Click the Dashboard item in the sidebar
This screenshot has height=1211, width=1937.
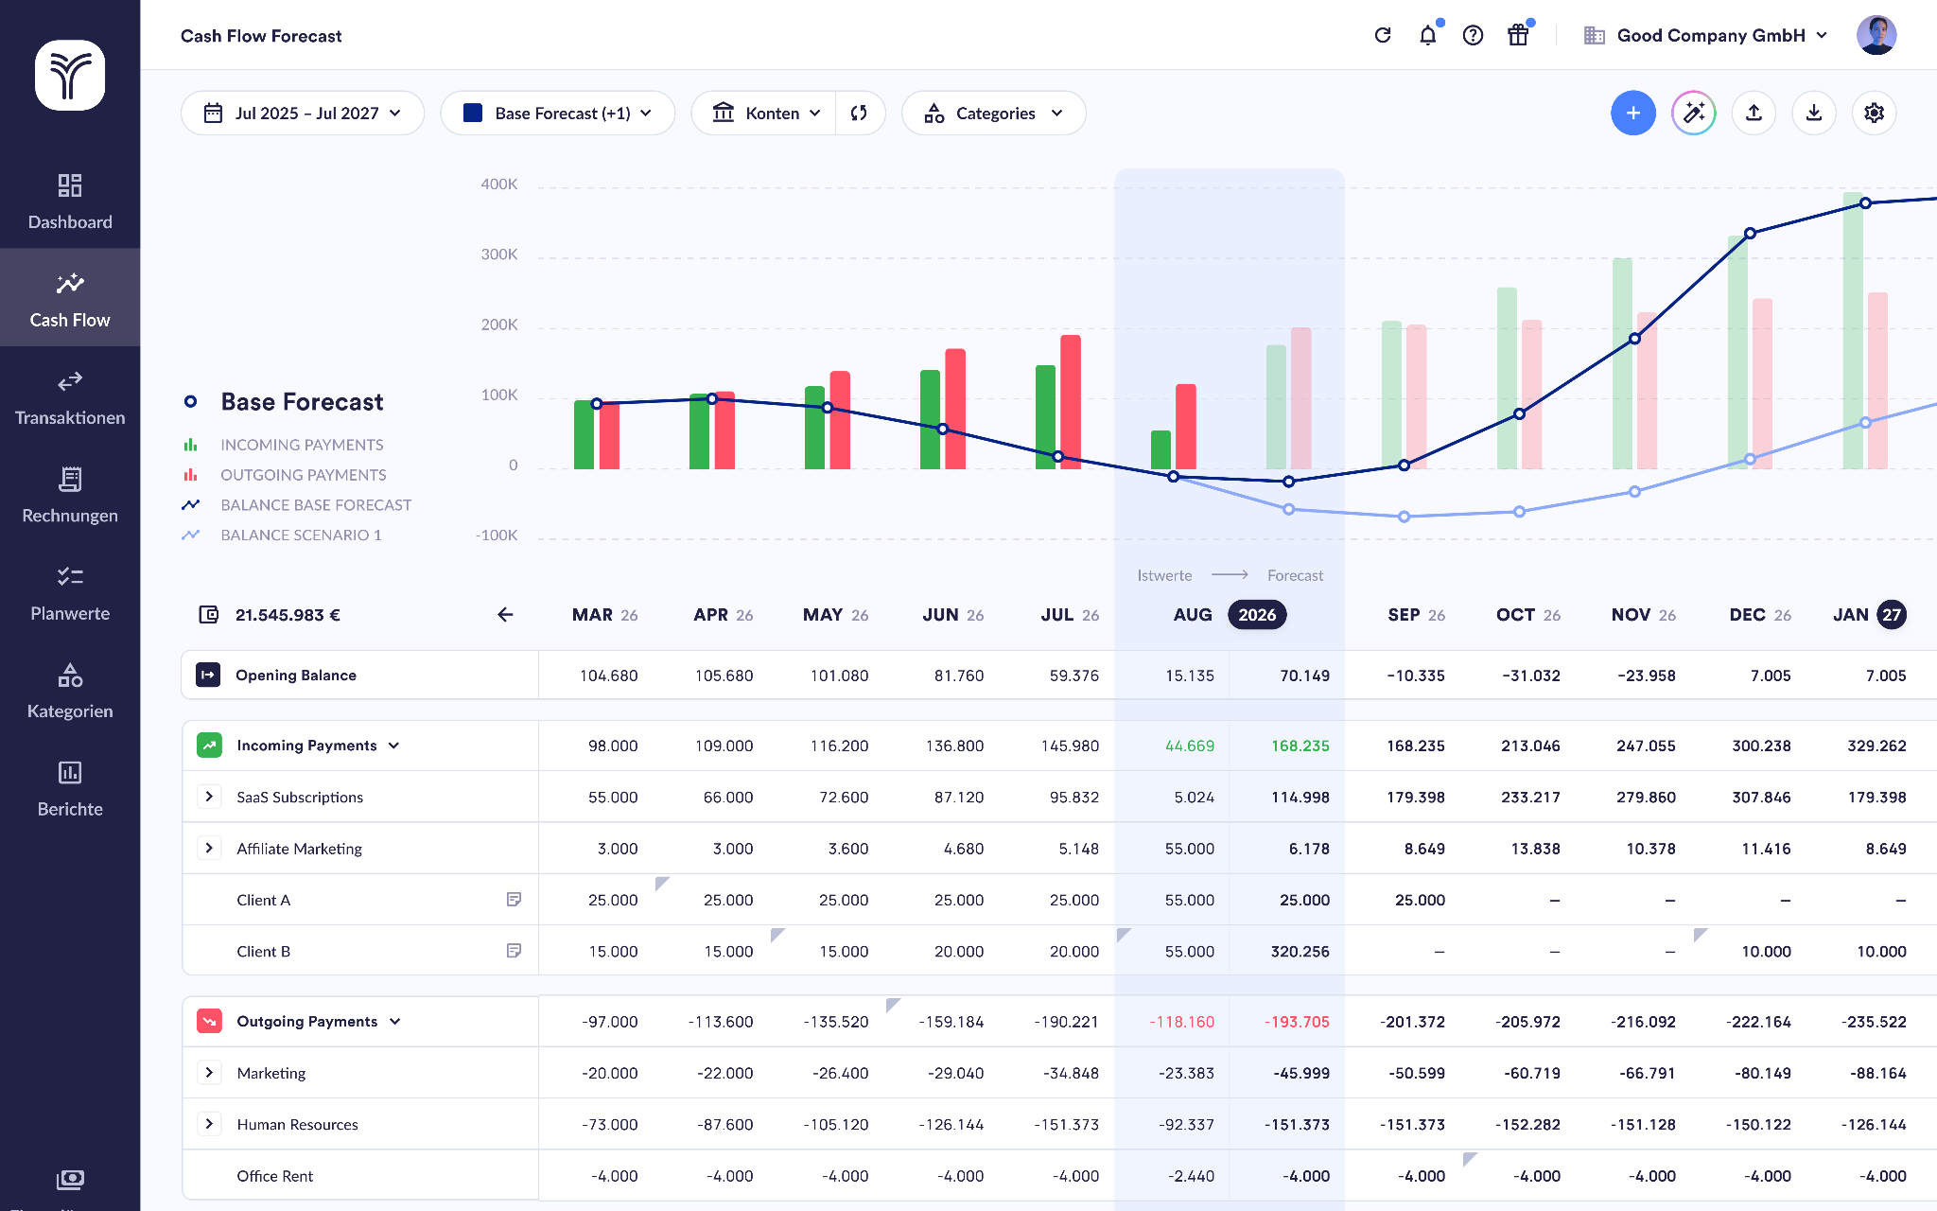(x=70, y=202)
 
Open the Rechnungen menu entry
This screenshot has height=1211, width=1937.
(x=70, y=495)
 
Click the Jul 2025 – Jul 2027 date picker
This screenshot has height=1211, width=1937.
(x=303, y=114)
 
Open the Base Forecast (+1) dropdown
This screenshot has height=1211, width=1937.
(x=557, y=114)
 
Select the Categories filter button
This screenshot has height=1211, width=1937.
(x=993, y=114)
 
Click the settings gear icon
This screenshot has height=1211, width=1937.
(x=1874, y=114)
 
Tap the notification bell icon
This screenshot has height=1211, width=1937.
(x=1427, y=36)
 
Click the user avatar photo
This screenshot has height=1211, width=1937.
(x=1876, y=36)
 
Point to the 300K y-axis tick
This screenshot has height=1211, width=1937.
(x=499, y=254)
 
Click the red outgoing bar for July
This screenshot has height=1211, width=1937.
(x=1070, y=402)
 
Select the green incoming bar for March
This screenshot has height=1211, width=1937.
(x=585, y=435)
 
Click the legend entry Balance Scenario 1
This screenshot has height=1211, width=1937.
(x=301, y=535)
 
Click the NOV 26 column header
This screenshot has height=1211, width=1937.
(x=1643, y=615)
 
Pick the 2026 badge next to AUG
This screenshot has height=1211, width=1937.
(x=1256, y=615)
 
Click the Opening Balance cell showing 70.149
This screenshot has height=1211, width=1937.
(x=1304, y=676)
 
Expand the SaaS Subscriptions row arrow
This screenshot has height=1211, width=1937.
(x=209, y=797)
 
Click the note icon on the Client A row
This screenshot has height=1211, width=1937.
(x=514, y=899)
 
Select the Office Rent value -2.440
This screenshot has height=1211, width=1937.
(x=1191, y=1176)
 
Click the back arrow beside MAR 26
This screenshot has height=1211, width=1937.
(x=505, y=615)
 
